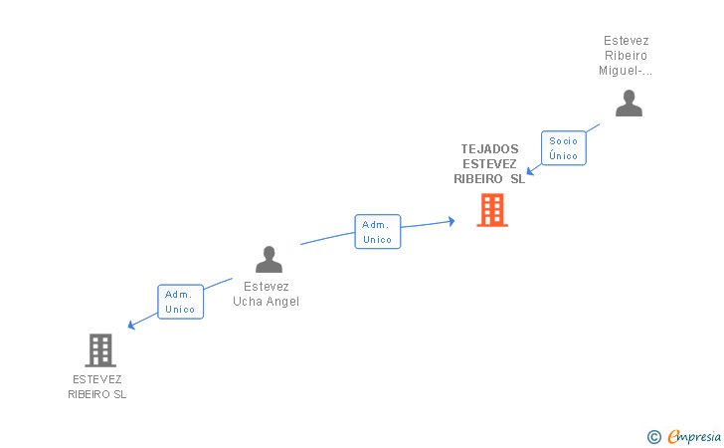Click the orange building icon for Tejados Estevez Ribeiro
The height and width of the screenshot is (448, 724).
[x=492, y=210]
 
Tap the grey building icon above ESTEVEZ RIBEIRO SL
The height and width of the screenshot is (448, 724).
[x=100, y=350]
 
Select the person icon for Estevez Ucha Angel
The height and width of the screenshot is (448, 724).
[x=269, y=259]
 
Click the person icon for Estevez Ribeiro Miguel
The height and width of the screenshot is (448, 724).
[x=629, y=103]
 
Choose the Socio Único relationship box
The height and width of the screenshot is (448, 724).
[x=563, y=148]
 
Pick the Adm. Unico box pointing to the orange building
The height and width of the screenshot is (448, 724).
[x=378, y=232]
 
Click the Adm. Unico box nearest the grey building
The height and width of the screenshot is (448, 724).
[x=180, y=302]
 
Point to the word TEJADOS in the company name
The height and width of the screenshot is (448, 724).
[x=489, y=149]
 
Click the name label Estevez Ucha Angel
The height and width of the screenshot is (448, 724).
[x=266, y=294]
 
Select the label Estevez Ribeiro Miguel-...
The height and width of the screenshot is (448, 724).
[x=626, y=56]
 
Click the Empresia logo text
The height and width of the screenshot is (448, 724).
[x=694, y=436]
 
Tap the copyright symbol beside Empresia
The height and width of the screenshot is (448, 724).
[x=653, y=436]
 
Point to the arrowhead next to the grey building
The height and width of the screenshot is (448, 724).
[x=130, y=326]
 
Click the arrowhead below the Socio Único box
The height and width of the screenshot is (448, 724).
[x=531, y=171]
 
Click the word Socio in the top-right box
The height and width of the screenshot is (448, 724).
[x=563, y=141]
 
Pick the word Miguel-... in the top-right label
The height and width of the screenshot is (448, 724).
[x=626, y=71]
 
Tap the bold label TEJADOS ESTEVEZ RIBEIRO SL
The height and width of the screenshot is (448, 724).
[x=489, y=164]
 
